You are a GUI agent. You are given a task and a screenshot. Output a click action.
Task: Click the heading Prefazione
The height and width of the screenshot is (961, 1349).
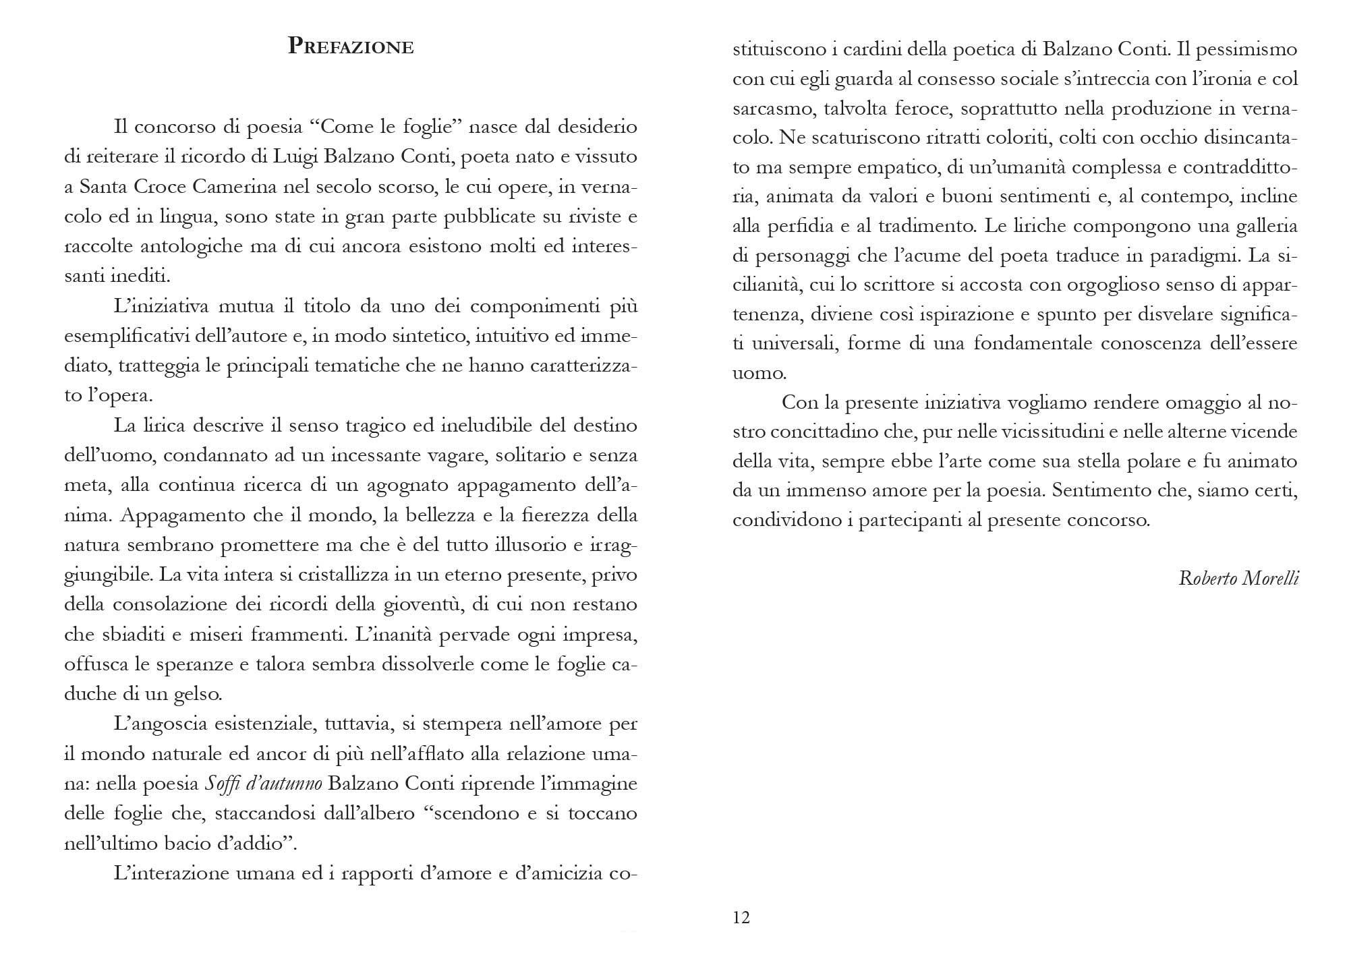point(351,47)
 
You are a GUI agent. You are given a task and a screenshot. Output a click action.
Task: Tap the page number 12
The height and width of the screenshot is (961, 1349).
point(741,917)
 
